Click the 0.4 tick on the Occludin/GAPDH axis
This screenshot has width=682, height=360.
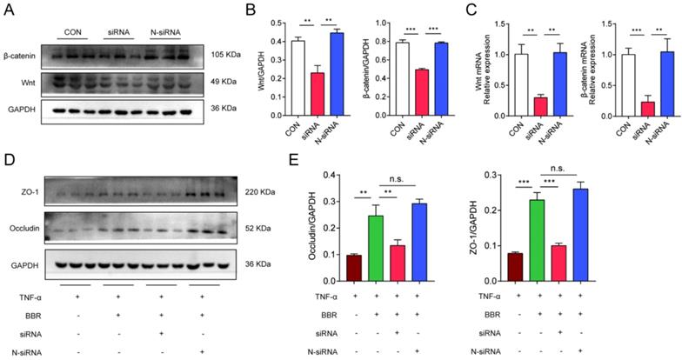333,175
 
